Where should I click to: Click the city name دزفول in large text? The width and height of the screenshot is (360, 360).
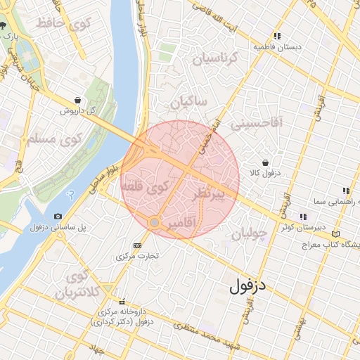click(x=250, y=285)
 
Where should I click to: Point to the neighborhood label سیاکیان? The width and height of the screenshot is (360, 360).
click(x=188, y=102)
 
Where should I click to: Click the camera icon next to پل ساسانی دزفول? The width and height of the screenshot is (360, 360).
click(x=57, y=216)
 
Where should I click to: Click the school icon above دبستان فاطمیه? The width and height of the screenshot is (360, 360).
click(x=278, y=36)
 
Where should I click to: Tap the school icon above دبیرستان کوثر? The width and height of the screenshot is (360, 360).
click(x=303, y=217)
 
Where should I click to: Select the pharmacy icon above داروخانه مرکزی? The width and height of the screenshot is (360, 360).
click(x=122, y=301)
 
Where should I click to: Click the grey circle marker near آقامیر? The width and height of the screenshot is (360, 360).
click(x=155, y=223)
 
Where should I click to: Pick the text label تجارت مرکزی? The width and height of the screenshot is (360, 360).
click(x=136, y=257)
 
